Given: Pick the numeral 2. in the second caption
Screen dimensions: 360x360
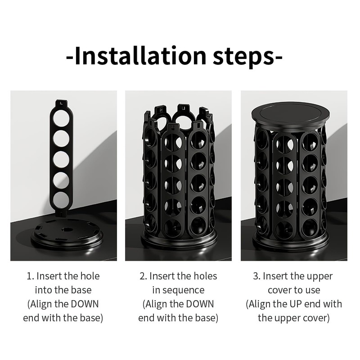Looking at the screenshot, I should point(143,276).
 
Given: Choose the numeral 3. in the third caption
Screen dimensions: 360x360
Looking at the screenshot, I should point(256,276).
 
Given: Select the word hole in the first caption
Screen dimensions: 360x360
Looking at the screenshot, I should point(88,276).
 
